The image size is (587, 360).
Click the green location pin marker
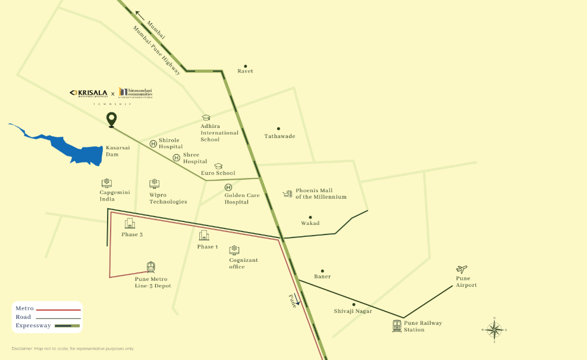click(x=111, y=119)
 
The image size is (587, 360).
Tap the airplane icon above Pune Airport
click(x=462, y=270)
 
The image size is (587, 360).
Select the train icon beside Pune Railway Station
click(x=397, y=325)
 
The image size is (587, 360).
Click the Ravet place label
click(x=245, y=71)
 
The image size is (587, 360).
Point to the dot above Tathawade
click(x=278, y=129)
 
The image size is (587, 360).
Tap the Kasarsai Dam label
click(x=112, y=151)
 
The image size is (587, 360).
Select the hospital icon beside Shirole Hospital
click(x=153, y=143)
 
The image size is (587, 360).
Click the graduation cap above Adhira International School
click(x=206, y=118)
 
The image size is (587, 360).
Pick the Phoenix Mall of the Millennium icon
click(x=288, y=194)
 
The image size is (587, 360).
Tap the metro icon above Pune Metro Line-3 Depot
click(x=151, y=268)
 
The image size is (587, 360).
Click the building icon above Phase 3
click(x=130, y=224)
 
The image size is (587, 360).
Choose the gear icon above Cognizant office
click(x=235, y=249)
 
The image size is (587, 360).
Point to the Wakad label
click(x=310, y=224)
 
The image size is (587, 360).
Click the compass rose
click(x=494, y=329)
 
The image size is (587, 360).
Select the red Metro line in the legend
click(x=58, y=309)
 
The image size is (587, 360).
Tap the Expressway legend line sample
click(x=67, y=326)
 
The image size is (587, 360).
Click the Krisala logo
click(x=89, y=93)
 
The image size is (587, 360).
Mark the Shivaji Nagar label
click(x=353, y=311)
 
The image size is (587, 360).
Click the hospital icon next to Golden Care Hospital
click(x=228, y=187)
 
